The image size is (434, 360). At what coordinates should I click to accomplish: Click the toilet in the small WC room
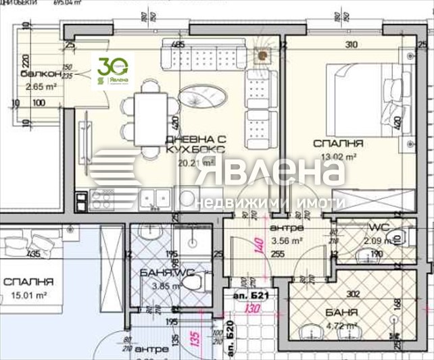tap(397, 236)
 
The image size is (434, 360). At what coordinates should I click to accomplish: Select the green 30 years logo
tap(112, 72)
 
